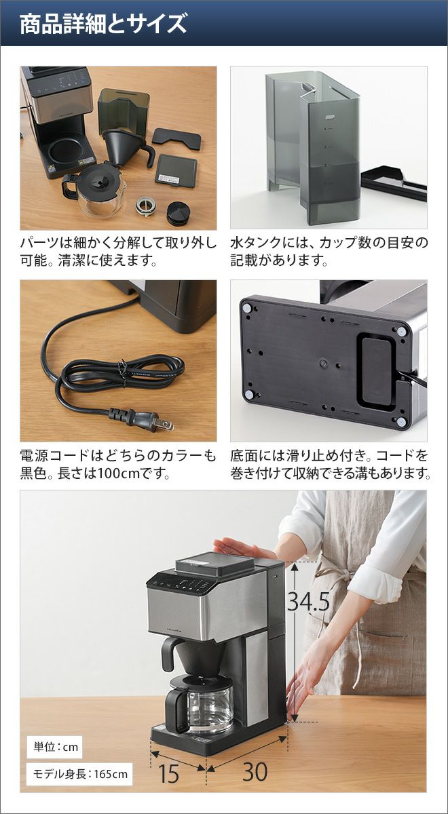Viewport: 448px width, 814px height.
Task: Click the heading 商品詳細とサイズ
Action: click(x=103, y=24)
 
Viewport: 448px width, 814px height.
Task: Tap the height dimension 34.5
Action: click(x=309, y=601)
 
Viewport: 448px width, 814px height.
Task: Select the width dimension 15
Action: click(x=169, y=773)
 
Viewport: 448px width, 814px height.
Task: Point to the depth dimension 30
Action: click(x=255, y=771)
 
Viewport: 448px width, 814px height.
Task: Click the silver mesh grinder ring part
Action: click(x=146, y=206)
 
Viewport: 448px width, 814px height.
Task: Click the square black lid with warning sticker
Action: click(x=176, y=170)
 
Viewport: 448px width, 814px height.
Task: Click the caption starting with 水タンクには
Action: click(x=329, y=251)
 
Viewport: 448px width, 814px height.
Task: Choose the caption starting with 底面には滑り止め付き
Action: click(x=330, y=464)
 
